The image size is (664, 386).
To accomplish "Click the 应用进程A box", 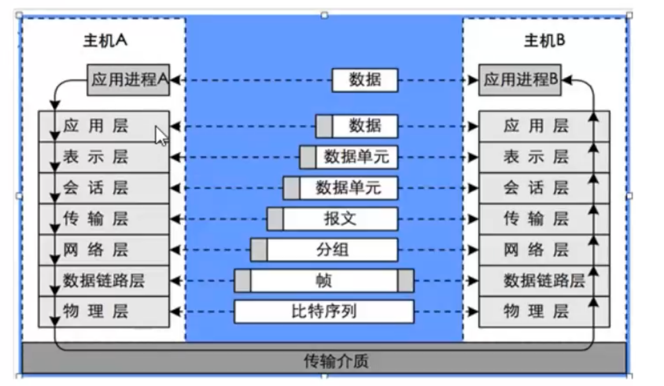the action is tap(128, 80).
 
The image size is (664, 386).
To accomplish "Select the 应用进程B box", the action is tap(520, 80).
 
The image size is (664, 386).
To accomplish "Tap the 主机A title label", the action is tap(105, 40).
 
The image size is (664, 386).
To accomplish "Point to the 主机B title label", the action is tap(545, 40).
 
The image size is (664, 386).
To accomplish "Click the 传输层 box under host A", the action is tap(104, 219).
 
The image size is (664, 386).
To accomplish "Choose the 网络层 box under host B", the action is tap(544, 250).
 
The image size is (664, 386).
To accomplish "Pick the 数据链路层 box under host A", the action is tap(104, 281).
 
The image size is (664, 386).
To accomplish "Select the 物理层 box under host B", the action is tap(544, 311).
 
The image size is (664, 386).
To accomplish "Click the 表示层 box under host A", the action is tap(104, 157).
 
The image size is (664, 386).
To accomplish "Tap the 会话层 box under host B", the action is tap(544, 188).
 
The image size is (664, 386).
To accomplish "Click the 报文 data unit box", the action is tap(333, 219).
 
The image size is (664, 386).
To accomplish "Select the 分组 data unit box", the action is tap(324, 250).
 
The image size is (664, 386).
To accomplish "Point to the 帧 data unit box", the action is tap(324, 281).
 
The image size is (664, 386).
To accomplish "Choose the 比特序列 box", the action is tap(324, 311).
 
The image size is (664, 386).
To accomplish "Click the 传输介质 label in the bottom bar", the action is tap(336, 362).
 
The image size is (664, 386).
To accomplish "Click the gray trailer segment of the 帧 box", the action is tap(405, 281).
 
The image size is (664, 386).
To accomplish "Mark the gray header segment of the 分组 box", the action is tap(259, 250).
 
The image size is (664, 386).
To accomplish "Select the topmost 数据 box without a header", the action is tap(365, 80).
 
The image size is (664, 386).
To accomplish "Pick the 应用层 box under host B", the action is tap(544, 126).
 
